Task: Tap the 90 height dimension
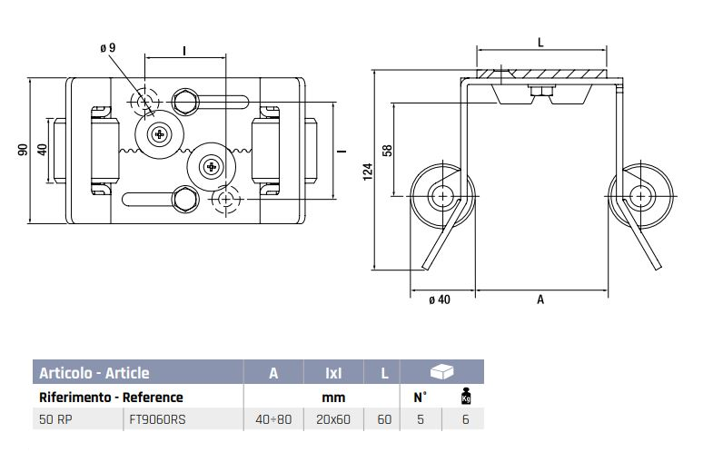tap(23, 149)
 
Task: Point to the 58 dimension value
tap(388, 149)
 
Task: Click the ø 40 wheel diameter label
tap(439, 300)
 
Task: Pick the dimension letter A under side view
tap(540, 300)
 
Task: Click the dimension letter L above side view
tap(540, 43)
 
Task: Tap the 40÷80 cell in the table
tap(273, 420)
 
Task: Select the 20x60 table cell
tap(333, 420)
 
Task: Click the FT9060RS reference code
tap(158, 420)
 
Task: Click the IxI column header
tap(333, 373)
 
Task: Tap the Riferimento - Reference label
tap(111, 397)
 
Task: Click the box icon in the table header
tap(442, 372)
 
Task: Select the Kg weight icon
tap(466, 397)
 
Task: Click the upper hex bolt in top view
tap(186, 102)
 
